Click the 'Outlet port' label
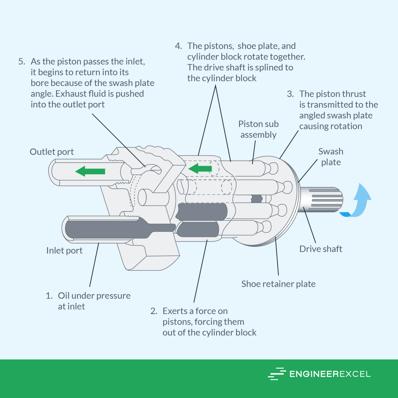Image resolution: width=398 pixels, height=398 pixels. [x=52, y=152]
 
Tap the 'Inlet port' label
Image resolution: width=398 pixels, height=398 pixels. [x=64, y=251]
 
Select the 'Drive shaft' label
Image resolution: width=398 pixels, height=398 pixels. [x=321, y=249]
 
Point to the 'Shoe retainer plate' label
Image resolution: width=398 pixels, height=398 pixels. [x=278, y=284]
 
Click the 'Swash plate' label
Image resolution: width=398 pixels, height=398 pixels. [x=331, y=157]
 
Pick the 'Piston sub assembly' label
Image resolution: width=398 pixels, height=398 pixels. [x=258, y=129]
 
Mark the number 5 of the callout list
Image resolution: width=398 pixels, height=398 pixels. [x=22, y=62]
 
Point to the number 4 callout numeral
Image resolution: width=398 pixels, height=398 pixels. [x=178, y=46]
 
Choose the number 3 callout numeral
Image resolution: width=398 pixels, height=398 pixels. [x=290, y=94]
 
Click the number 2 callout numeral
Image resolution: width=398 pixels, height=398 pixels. [x=154, y=311]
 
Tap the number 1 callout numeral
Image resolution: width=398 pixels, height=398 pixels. [x=49, y=296]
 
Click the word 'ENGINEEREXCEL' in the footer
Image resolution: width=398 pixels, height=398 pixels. [x=330, y=374]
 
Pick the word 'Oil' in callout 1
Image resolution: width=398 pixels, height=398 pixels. [x=64, y=296]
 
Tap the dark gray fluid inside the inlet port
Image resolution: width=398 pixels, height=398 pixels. [x=104, y=229]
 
